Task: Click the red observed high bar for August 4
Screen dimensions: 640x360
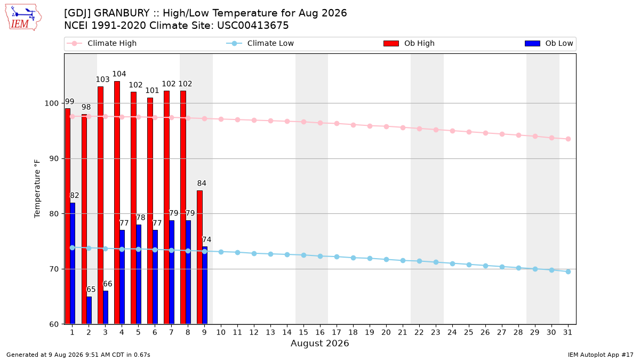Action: (117, 203)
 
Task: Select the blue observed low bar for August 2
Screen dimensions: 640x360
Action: (89, 310)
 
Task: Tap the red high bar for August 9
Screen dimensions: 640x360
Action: (199, 257)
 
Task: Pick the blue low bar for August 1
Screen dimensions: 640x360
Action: (73, 263)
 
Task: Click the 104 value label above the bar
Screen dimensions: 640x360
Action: (119, 74)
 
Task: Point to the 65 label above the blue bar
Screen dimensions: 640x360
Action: (91, 290)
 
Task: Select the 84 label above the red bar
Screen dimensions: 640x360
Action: (202, 183)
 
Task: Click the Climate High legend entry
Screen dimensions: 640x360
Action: (102, 43)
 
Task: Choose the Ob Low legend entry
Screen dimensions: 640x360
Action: (549, 43)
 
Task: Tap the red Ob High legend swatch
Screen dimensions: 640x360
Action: (391, 43)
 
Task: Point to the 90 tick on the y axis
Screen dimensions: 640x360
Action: (54, 158)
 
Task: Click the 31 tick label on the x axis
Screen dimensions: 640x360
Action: (567, 332)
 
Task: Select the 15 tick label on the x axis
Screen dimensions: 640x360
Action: (303, 332)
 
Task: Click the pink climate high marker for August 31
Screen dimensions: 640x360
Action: (569, 139)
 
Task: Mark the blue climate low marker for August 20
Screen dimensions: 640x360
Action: (386, 259)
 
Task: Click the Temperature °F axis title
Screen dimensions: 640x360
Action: (37, 189)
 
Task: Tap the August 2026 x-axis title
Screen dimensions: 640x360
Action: (319, 343)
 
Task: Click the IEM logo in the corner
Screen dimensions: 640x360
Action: (23, 18)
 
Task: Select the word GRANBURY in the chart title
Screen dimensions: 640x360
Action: (122, 13)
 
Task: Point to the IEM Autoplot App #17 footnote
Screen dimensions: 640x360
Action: (601, 355)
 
